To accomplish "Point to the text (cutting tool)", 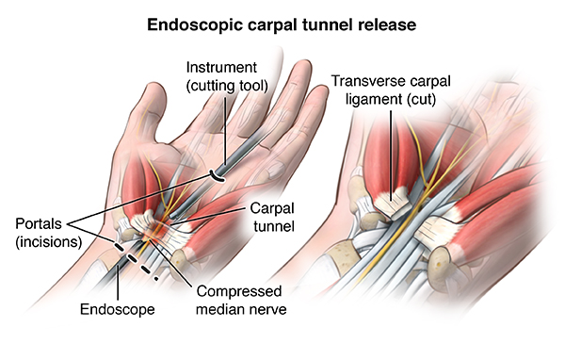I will [x=226, y=87].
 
